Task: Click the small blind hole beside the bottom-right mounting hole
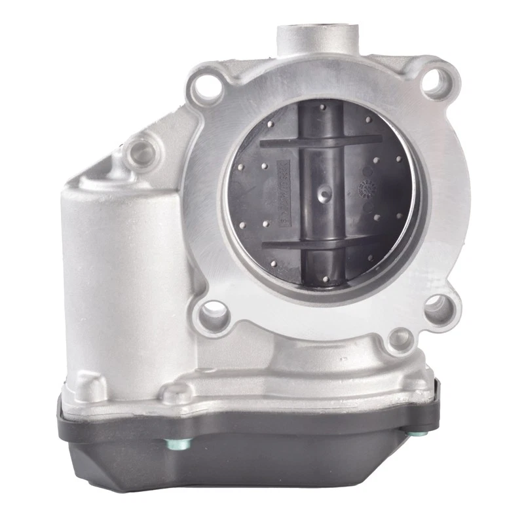(x=400, y=338)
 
